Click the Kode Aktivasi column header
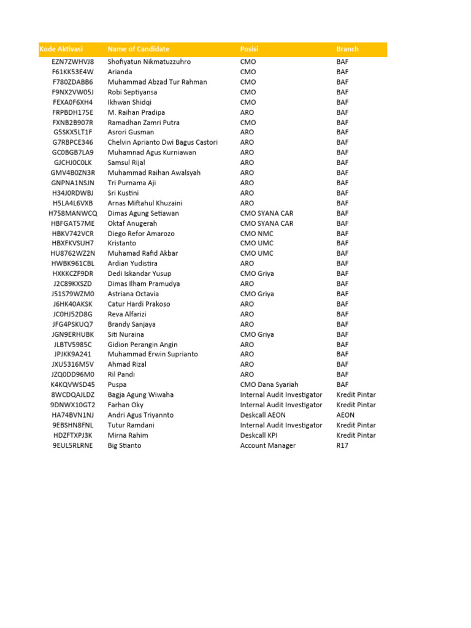(61, 49)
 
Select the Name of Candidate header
(139, 49)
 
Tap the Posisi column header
(249, 49)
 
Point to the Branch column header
(347, 49)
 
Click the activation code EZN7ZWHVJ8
(73, 62)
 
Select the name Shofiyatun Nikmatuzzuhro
(149, 62)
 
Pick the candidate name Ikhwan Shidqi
(129, 102)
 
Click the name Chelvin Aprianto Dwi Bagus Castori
(163, 142)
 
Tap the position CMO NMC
(257, 234)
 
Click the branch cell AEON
(345, 415)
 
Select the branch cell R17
(342, 445)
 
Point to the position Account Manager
(267, 445)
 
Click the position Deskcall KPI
(262, 435)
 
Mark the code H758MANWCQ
(73, 213)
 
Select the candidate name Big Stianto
(124, 445)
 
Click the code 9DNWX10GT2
(73, 405)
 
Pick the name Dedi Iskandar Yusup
(140, 274)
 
